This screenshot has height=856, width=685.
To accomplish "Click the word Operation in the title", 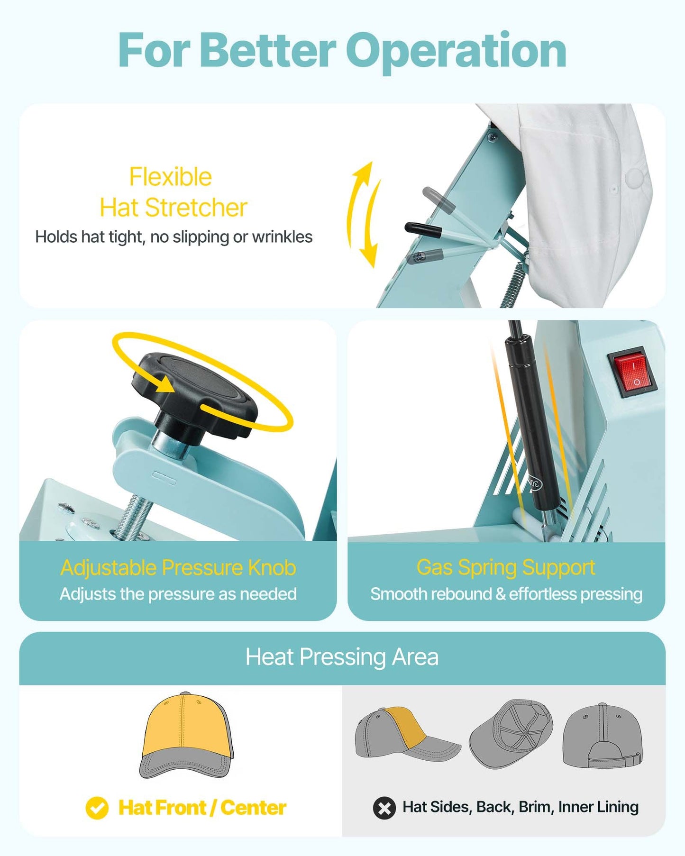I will click(456, 51).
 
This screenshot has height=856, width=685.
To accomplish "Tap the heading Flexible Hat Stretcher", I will click(173, 192).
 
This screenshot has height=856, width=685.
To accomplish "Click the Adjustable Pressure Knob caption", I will click(178, 568).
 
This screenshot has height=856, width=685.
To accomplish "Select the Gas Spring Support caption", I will click(506, 568).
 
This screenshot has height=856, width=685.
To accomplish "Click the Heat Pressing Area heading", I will click(342, 657).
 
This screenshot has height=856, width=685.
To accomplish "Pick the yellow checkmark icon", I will click(97, 808).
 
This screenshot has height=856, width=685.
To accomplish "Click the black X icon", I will click(384, 808).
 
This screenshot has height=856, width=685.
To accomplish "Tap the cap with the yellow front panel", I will click(187, 735).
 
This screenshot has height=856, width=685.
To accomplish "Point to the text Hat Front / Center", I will click(202, 808).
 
